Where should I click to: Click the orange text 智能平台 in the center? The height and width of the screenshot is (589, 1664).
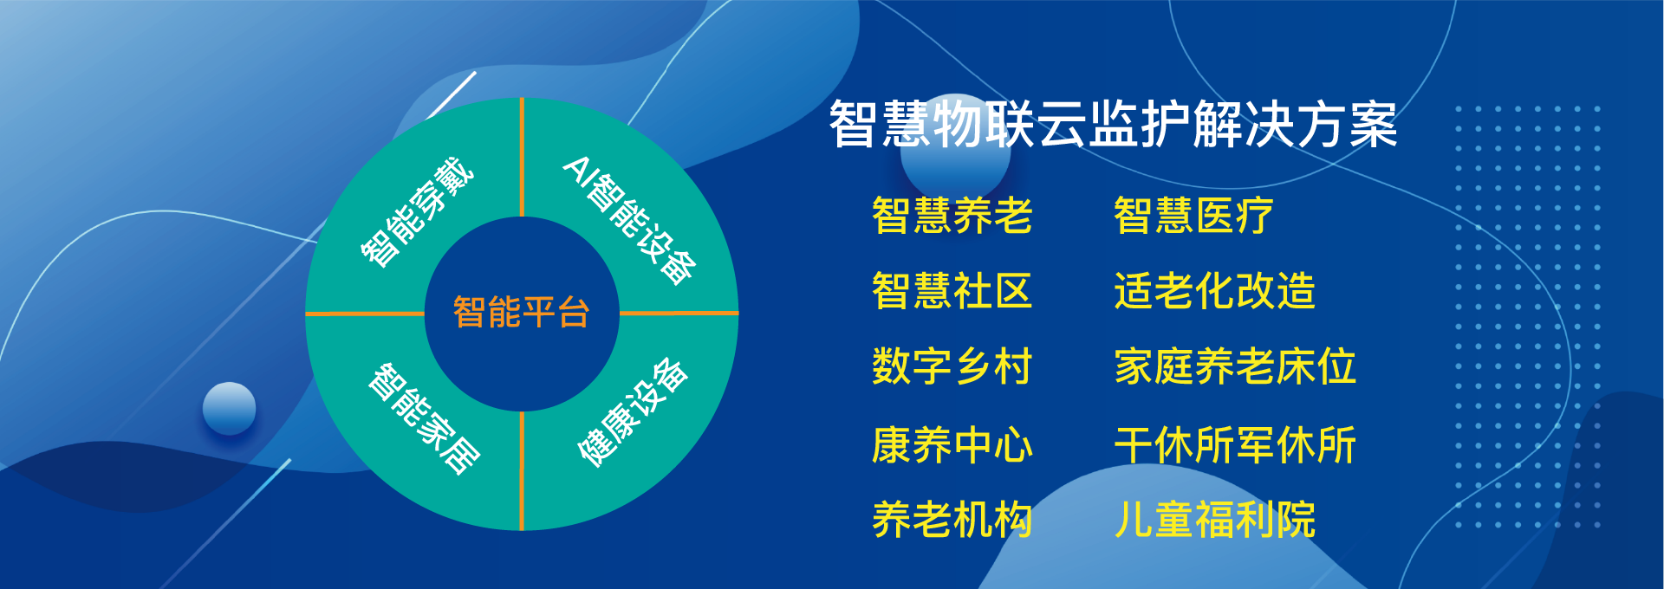[x=521, y=312]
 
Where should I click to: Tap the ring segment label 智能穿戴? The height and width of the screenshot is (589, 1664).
[x=417, y=212]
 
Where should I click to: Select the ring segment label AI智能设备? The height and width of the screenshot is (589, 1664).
[x=630, y=220]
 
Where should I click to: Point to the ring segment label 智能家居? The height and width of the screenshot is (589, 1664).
[x=424, y=418]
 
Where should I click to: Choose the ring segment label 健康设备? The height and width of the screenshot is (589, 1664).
[x=634, y=412]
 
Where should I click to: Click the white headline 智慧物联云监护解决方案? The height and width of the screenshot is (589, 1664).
[x=1114, y=124]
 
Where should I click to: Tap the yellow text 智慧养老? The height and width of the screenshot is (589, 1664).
[x=952, y=216]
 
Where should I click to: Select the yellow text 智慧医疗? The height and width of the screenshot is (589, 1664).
[x=1194, y=216]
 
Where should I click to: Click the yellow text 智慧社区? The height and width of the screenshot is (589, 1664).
[x=952, y=291]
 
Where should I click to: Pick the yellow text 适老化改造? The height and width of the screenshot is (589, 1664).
[x=1215, y=291]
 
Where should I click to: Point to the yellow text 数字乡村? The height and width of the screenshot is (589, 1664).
[x=952, y=366]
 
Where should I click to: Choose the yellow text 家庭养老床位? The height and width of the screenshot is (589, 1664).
[x=1235, y=366]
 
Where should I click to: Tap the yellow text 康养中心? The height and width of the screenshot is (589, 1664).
[x=952, y=445]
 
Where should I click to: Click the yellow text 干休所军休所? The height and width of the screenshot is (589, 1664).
[x=1235, y=445]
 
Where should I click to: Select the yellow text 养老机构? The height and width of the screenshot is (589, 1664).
[x=952, y=520]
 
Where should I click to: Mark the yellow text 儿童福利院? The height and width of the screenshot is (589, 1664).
[x=1215, y=520]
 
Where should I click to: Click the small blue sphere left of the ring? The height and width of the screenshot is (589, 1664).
[x=229, y=408]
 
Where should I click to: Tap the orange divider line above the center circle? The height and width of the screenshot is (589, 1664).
[x=522, y=157]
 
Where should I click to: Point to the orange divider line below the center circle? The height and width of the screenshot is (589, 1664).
[x=522, y=470]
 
